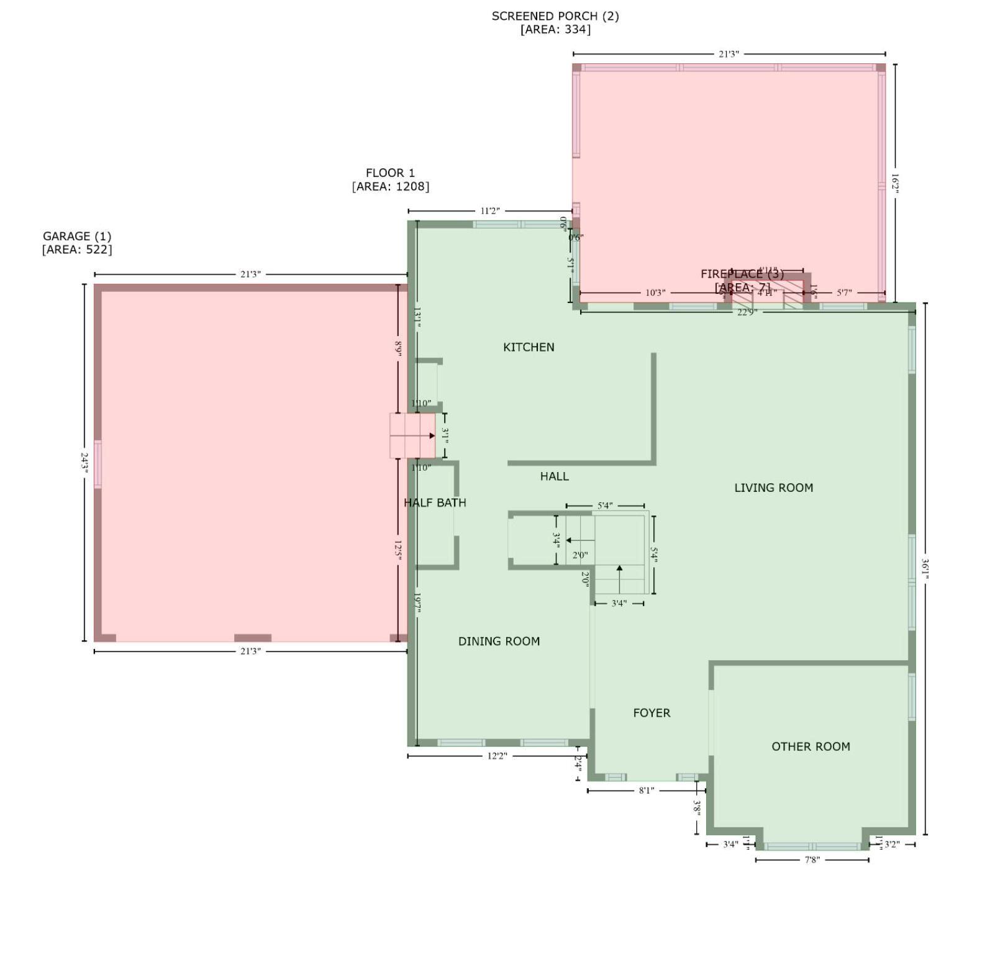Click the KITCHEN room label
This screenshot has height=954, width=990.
click(x=529, y=347)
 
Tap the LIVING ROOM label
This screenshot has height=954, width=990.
click(x=773, y=488)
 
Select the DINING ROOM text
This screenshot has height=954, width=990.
click(x=499, y=641)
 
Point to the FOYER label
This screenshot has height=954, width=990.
click(x=652, y=713)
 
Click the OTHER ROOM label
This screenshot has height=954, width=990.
click(x=811, y=747)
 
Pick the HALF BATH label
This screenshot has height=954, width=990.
click(x=435, y=502)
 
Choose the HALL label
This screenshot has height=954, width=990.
click(x=554, y=476)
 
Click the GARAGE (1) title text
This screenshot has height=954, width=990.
click(x=77, y=236)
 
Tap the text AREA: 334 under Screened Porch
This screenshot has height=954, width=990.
click(x=555, y=29)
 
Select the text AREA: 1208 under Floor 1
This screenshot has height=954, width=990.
click(x=390, y=186)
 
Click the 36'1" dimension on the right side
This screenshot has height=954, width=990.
click(x=925, y=569)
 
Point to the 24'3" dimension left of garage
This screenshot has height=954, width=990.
click(x=85, y=463)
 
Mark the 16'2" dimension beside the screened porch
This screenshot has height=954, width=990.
click(x=895, y=183)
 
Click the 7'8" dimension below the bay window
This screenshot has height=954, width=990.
click(x=812, y=860)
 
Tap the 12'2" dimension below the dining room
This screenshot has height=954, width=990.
click(x=497, y=756)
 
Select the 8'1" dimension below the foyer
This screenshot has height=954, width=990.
click(x=647, y=791)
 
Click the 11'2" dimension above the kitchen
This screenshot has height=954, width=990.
click(x=489, y=211)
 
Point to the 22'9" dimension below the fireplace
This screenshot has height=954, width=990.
click(x=747, y=312)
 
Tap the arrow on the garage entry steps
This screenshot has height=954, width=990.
click(x=431, y=436)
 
